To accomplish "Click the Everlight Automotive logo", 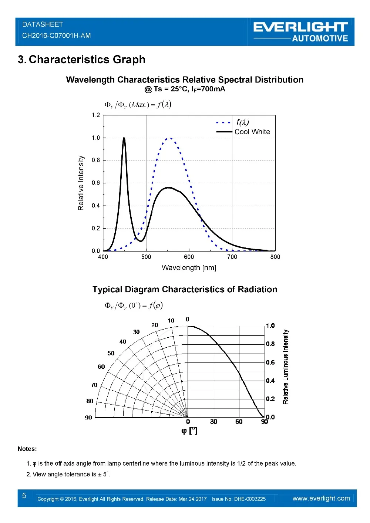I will point(300,32).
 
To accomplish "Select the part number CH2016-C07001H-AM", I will point(56,36).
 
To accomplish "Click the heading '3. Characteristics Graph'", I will point(81,60).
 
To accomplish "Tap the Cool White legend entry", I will point(252,132).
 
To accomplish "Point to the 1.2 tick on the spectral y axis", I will point(96,115).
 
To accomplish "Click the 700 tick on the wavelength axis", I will point(232,257).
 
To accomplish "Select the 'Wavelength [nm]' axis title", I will point(189,267).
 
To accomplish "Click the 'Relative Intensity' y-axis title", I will point(81,183).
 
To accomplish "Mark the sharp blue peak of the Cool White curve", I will point(124,138).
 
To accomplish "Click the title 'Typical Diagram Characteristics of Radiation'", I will point(185,289).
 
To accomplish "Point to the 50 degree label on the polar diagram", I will point(111,353).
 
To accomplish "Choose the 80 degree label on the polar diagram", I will point(90,401).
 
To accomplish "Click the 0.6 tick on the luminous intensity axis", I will point(270,362).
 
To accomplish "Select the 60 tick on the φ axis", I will point(239,422).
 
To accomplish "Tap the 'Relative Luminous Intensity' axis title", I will point(285,367).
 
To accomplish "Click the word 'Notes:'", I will point(27,449).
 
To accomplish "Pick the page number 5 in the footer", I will point(24,496).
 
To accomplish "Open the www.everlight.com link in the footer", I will point(321,498).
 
